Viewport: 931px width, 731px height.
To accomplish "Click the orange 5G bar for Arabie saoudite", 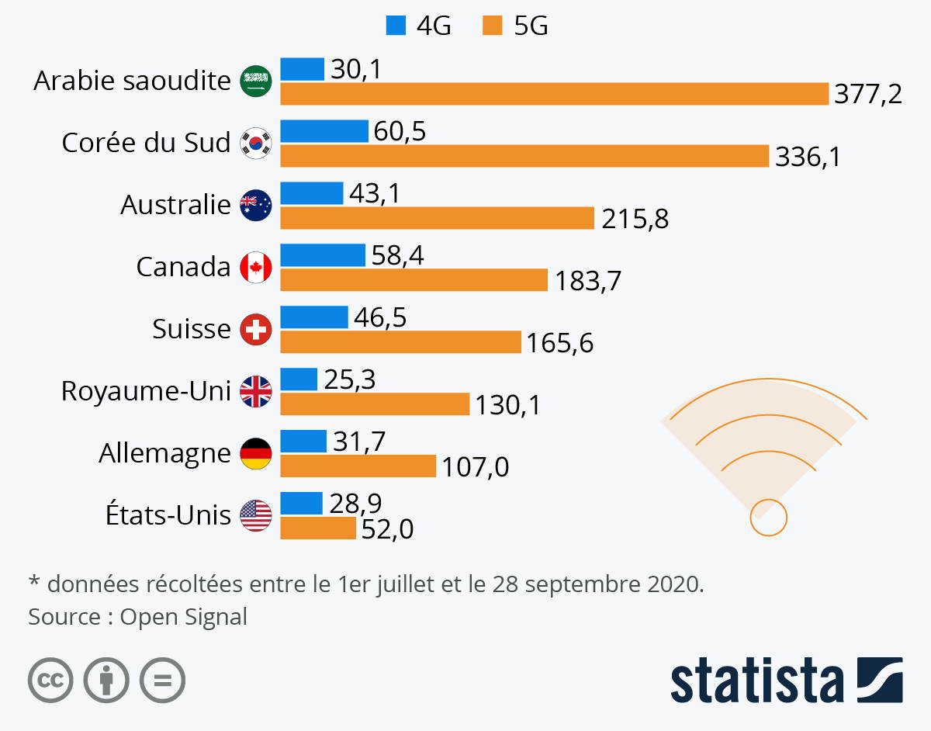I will [x=554, y=94].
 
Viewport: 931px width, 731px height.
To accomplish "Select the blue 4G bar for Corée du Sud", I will [x=324, y=131].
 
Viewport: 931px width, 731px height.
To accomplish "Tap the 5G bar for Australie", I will [x=437, y=218].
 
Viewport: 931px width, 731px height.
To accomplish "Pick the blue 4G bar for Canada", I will [x=322, y=255].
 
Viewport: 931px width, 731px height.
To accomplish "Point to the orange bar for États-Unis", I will [x=317, y=528].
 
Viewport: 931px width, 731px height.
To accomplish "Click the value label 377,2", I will [x=868, y=95].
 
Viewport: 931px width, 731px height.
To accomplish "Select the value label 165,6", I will [x=559, y=343].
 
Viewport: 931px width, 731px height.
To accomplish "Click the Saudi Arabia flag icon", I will [x=256, y=81].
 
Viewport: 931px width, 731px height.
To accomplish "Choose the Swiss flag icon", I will [x=256, y=329].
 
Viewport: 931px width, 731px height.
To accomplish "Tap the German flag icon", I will [x=256, y=453].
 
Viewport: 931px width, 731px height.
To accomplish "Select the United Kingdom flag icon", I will [x=256, y=391].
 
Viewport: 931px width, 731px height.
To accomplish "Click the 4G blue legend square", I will [x=395, y=27].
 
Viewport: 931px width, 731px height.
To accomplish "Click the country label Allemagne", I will [x=164, y=453].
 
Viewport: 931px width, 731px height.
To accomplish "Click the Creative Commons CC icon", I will [x=50, y=681].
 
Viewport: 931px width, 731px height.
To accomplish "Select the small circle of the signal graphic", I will [x=768, y=517].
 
